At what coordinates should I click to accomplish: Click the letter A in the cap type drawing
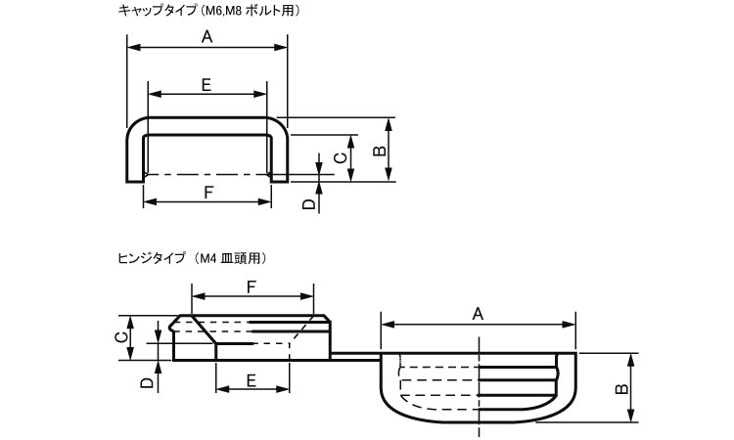pyautogui.click(x=206, y=36)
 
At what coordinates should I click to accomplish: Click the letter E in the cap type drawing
pyautogui.click(x=206, y=85)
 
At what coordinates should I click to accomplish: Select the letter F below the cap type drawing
pyautogui.click(x=208, y=192)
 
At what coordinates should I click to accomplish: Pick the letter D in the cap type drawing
pyautogui.click(x=308, y=203)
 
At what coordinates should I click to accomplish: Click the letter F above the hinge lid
pyautogui.click(x=252, y=286)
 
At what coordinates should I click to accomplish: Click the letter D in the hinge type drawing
pyautogui.click(x=145, y=384)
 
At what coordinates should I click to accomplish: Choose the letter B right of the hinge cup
pyautogui.click(x=619, y=389)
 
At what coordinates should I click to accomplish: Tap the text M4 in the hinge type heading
pyautogui.click(x=207, y=259)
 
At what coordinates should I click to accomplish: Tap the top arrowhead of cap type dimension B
pyautogui.click(x=390, y=124)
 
